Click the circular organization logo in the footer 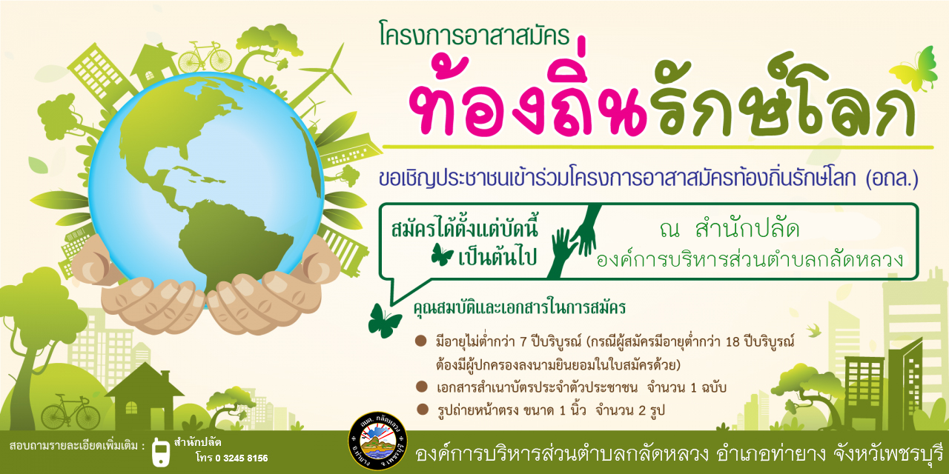click(x=377, y=441)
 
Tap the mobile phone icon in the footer click(x=161, y=453)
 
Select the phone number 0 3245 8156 click(x=242, y=458)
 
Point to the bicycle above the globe click(x=205, y=57)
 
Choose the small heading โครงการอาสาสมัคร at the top click(x=474, y=35)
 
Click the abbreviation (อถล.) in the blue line click(x=891, y=179)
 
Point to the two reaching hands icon click(x=574, y=241)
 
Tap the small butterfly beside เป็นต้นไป click(x=442, y=254)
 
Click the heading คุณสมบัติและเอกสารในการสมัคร click(x=520, y=307)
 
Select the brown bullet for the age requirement click(x=420, y=341)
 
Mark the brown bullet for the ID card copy click(x=422, y=387)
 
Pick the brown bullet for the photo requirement click(x=423, y=410)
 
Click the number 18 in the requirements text click(x=733, y=341)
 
